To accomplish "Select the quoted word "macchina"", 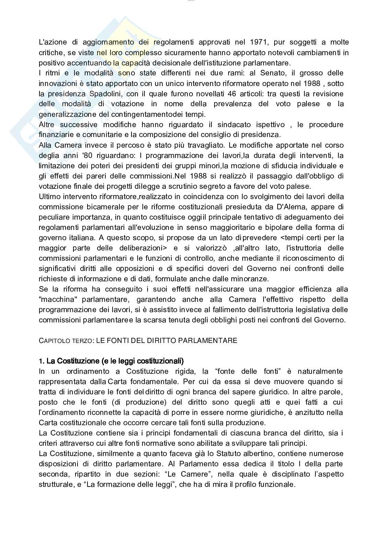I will pyautogui.click(x=59, y=299).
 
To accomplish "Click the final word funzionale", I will pyautogui.click(x=277, y=484).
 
